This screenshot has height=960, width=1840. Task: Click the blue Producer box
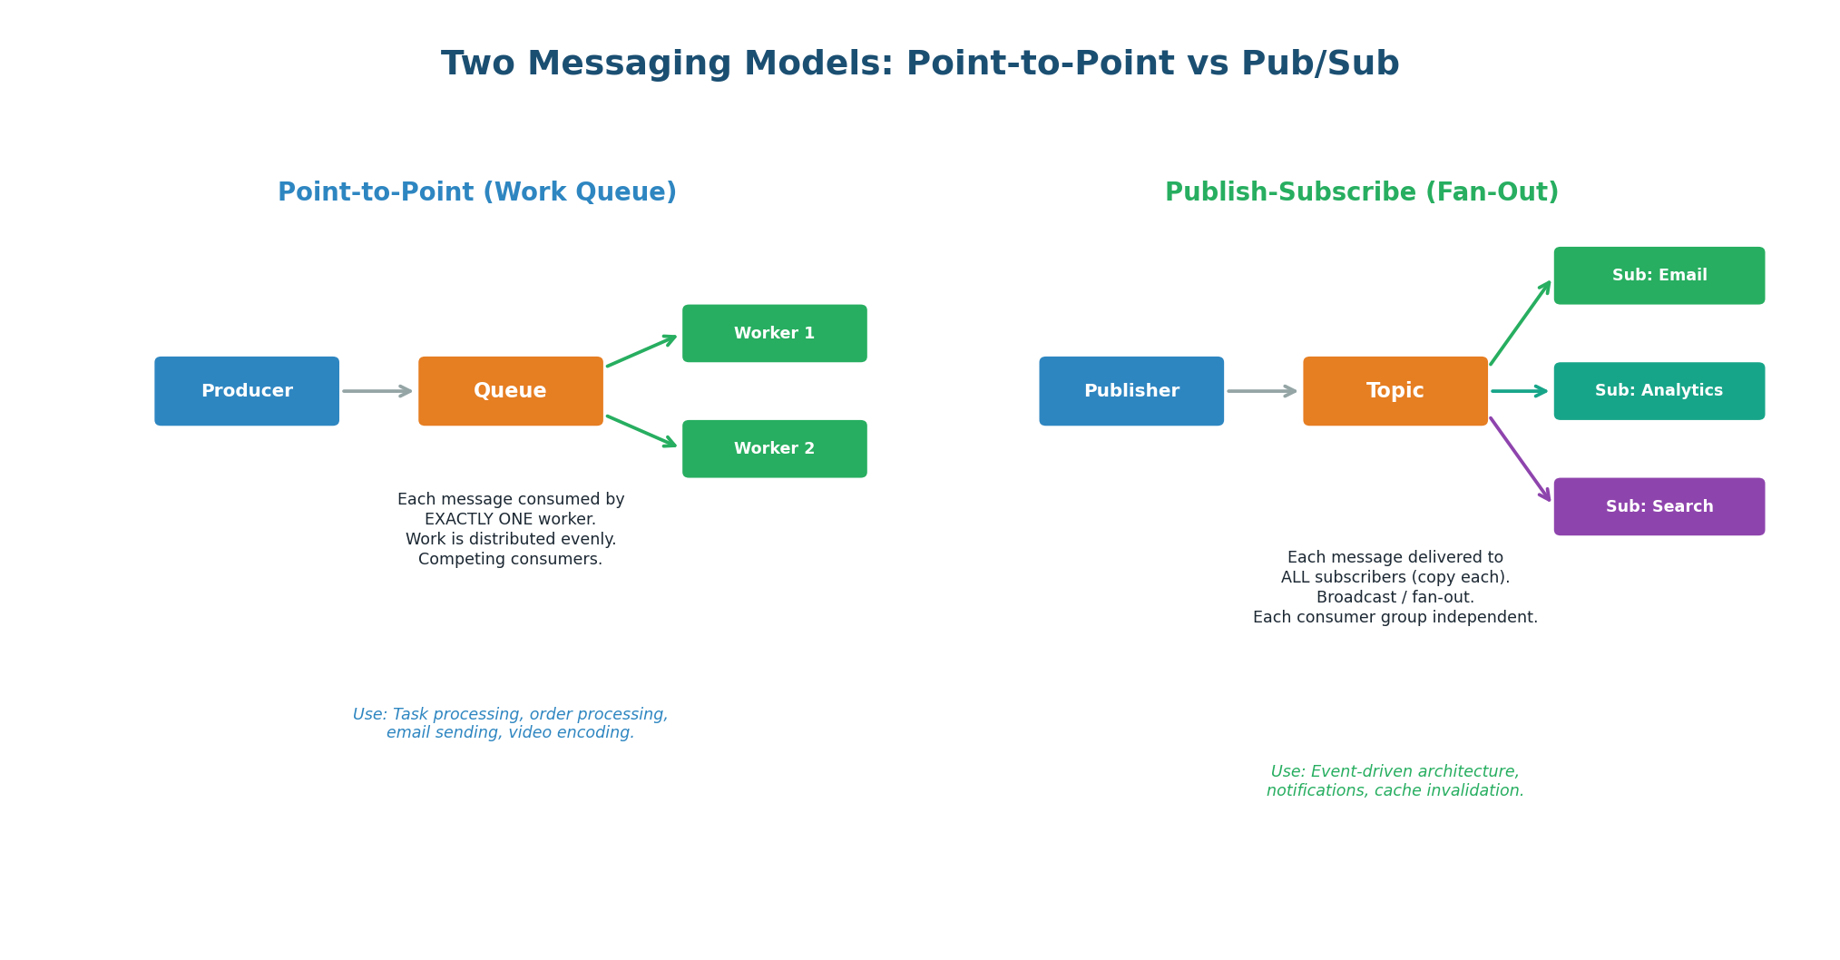(247, 391)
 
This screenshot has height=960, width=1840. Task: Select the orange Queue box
(510, 391)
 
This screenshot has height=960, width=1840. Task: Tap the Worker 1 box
(774, 333)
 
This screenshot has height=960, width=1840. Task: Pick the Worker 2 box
(774, 448)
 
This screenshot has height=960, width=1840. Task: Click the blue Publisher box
(1130, 391)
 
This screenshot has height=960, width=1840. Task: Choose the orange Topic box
(1395, 391)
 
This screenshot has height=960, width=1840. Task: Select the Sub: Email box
(1659, 275)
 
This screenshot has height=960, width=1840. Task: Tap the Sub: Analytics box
(1659, 391)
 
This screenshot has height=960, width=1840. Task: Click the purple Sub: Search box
(1659, 506)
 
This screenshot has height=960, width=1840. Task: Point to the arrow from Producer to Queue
(377, 391)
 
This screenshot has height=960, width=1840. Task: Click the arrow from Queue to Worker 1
(641, 352)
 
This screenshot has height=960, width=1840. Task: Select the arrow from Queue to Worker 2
(641, 431)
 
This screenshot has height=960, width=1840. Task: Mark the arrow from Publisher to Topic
(1261, 391)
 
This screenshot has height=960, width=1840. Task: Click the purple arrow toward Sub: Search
(1520, 459)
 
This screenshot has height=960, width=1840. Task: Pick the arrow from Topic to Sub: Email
(1520, 324)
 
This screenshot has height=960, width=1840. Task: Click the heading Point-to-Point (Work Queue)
(476, 192)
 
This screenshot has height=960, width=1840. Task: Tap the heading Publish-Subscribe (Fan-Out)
(1361, 192)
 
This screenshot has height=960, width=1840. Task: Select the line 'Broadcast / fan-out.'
(1395, 597)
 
